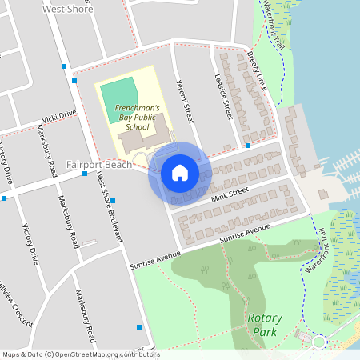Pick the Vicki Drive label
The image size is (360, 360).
[x=58, y=117]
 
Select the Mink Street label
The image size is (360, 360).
[x=230, y=192]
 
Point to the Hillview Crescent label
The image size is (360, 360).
[x=15, y=307]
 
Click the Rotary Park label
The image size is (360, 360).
[x=264, y=324]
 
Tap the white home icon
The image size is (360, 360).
[x=179, y=173]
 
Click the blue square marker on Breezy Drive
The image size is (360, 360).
[x=248, y=146]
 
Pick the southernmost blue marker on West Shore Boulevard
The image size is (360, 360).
[x=139, y=326]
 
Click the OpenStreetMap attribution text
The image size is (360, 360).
[x=80, y=354]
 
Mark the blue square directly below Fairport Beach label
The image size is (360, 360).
[x=85, y=174]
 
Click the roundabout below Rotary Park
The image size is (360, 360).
[x=318, y=342]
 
